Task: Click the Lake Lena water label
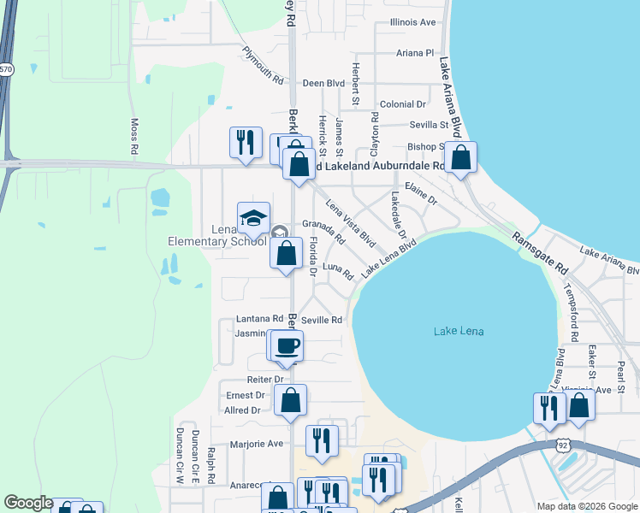459,331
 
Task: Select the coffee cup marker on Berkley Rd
287,346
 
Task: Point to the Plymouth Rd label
262,65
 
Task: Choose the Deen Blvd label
323,84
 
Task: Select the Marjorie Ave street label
257,445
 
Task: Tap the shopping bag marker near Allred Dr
291,400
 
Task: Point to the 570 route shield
6,69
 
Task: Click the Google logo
28,503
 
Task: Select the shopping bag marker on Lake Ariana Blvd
460,158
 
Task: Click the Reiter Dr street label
266,379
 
